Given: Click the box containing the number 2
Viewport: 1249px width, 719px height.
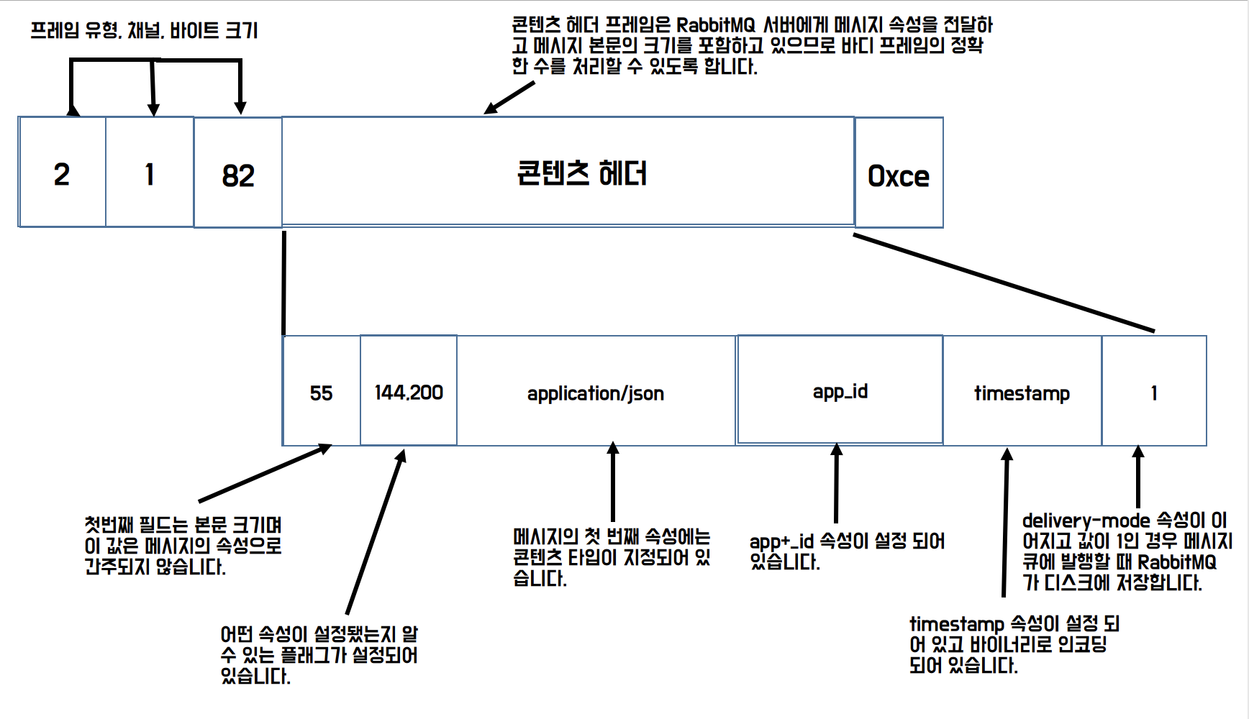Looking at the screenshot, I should (62, 173).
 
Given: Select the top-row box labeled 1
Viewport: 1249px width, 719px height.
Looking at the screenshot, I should (150, 173).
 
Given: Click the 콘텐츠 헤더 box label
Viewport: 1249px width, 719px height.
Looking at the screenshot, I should (581, 173).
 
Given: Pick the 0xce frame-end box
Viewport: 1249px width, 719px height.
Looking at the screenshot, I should (899, 174).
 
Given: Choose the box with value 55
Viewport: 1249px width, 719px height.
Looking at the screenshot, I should (322, 392).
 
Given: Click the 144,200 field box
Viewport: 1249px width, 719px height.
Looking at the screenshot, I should (409, 392).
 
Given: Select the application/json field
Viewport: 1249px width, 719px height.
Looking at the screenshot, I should (596, 392).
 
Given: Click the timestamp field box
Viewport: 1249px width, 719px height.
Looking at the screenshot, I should (1022, 392).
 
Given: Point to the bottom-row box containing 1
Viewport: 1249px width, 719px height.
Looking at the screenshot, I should (1154, 392).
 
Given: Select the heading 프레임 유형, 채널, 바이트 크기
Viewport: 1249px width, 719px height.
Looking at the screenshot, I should (144, 30).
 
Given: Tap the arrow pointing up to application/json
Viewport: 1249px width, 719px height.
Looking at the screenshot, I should (613, 482).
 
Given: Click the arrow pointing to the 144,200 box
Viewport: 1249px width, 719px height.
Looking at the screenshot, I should (376, 532).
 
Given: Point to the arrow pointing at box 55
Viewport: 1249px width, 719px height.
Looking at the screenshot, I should (265, 473).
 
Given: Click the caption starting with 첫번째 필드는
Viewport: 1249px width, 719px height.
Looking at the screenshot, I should (183, 545).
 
